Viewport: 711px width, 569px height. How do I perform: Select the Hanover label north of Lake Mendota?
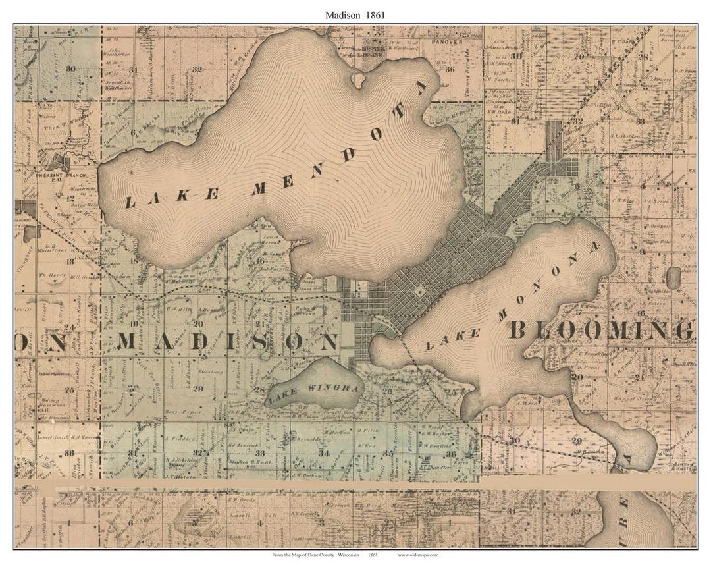447,41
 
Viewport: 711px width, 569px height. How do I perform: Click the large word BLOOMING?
600,330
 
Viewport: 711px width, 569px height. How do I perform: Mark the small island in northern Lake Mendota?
357,80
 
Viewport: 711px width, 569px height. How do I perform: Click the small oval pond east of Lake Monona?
673,277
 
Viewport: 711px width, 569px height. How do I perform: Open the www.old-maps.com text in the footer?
418,555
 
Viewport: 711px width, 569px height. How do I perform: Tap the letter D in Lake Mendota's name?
347,156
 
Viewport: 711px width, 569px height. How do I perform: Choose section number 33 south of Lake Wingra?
260,454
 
